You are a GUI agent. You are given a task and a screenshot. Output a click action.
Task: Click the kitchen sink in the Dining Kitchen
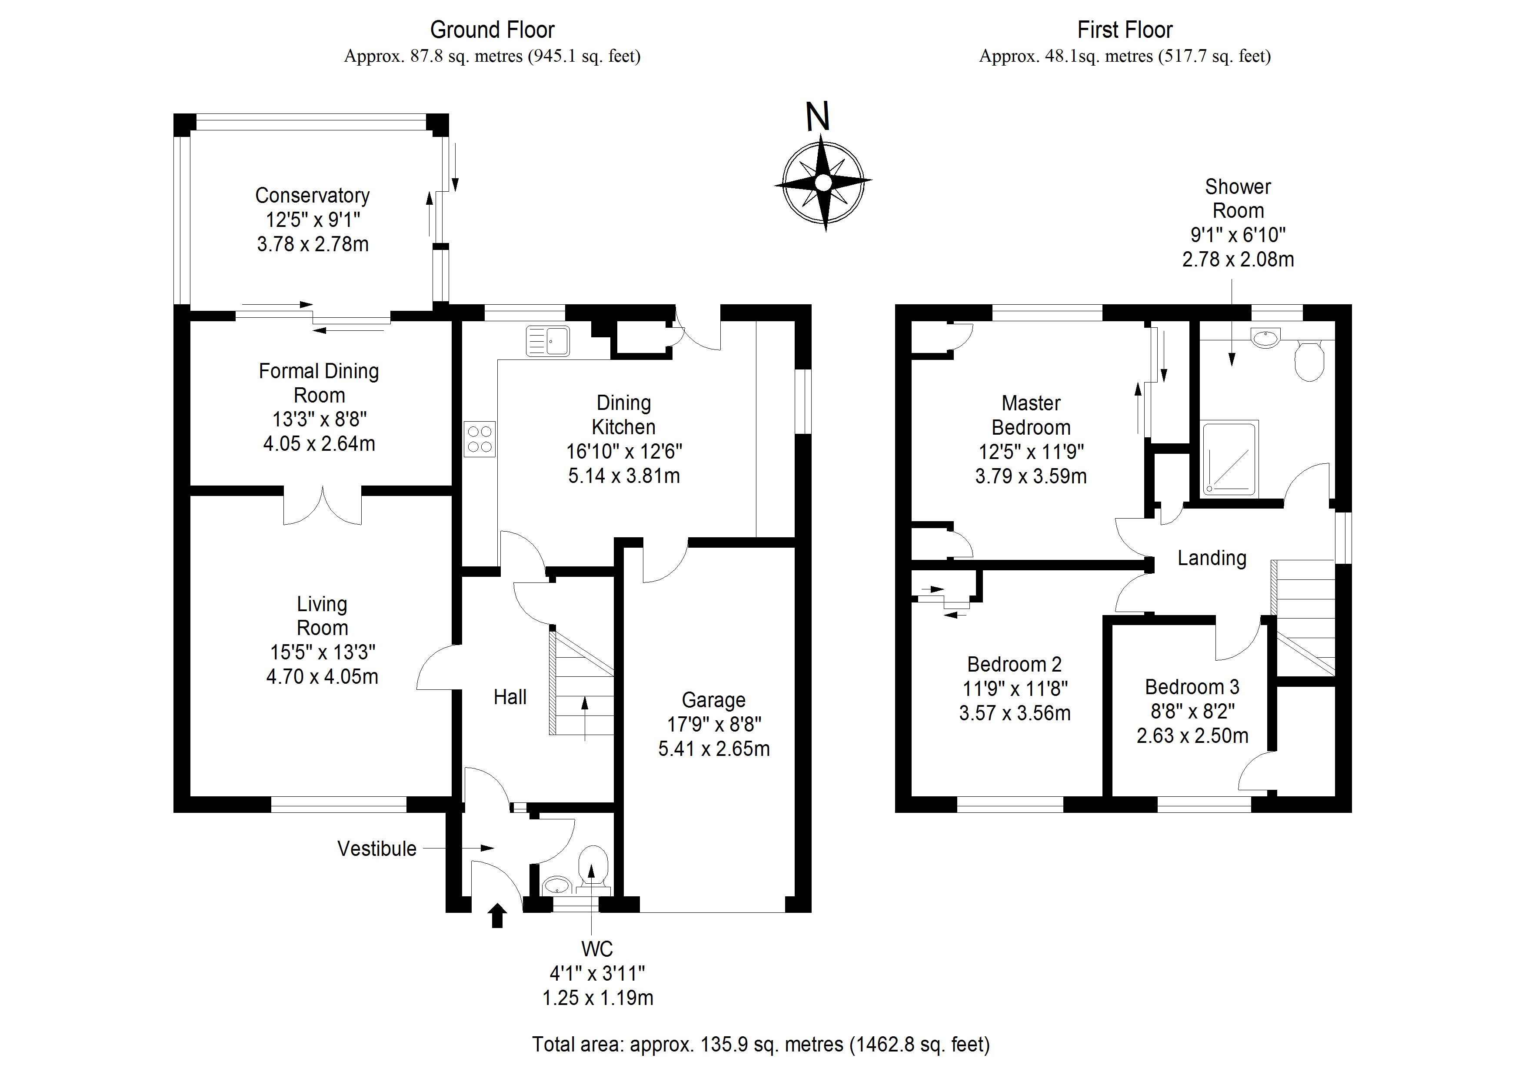coord(548,341)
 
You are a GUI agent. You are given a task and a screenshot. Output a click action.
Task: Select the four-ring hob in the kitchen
coord(479,439)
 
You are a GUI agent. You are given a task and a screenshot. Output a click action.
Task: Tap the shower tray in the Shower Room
coord(1230,458)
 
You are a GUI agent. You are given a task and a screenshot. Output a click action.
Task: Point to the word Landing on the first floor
coord(1212,558)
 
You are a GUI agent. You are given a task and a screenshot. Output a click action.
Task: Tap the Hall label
coord(510,697)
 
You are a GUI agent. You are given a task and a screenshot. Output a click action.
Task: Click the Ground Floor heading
coord(492,30)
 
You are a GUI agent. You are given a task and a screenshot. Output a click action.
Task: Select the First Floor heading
coord(1125,30)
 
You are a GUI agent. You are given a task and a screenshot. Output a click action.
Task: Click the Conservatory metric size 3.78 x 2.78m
coord(313,244)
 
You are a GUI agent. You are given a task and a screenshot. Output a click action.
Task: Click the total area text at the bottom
coord(761,1045)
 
